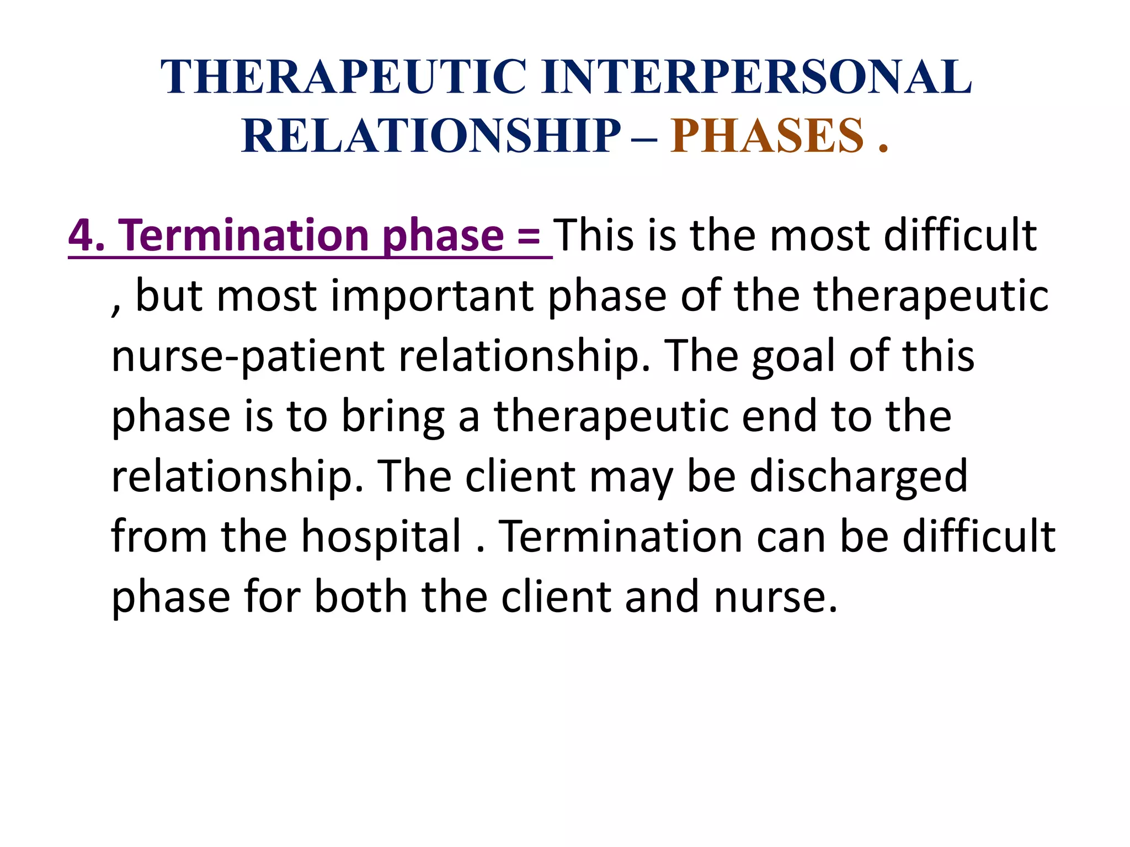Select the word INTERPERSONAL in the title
coord(756,77)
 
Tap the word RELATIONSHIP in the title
coord(431,136)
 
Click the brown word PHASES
coord(767,136)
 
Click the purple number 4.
coord(81,236)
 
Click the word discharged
coord(858,477)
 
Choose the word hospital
coord(381,537)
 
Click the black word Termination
coord(621,537)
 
